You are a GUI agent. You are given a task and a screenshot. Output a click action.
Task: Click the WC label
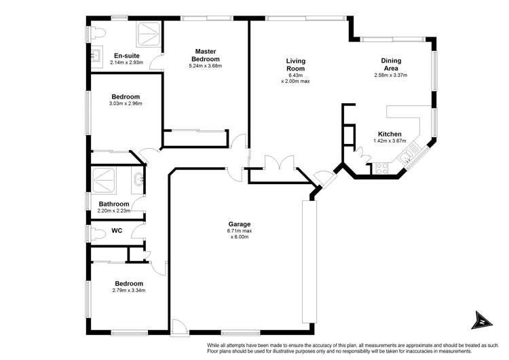pos(117,231)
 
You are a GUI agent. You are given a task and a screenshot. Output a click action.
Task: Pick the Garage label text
pos(240,223)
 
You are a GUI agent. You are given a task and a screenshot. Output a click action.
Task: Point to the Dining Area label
pos(390,65)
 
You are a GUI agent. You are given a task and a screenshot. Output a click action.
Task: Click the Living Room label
pos(295,65)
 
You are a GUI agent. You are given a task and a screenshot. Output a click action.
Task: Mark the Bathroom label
pos(113,204)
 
